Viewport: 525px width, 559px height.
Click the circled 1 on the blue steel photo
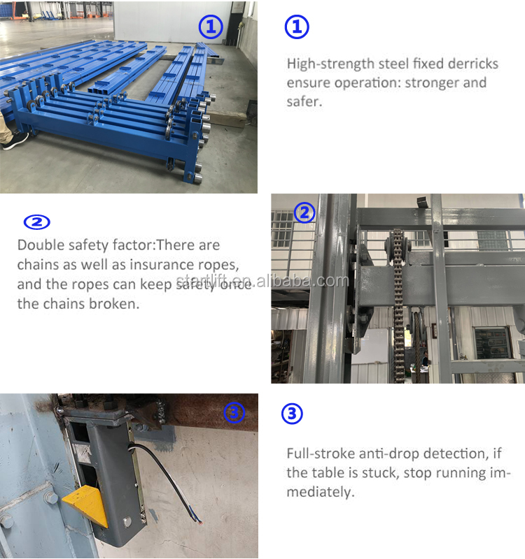pyautogui.click(x=210, y=27)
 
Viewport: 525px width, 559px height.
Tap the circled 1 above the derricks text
pyautogui.click(x=297, y=27)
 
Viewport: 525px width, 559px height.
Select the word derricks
pyautogui.click(x=470, y=64)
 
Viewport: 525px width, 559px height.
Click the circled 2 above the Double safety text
pyautogui.click(x=37, y=222)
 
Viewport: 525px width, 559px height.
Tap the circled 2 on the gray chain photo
pyautogui.click(x=304, y=212)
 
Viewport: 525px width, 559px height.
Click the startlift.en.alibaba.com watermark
pyautogui.click(x=262, y=282)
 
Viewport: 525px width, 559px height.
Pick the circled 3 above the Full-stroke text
pyautogui.click(x=292, y=414)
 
